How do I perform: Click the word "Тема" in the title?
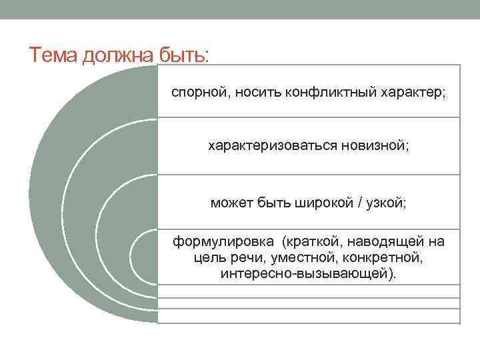pos(53,55)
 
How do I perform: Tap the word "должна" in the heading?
pos(117,56)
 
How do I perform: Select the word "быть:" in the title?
pos(184,55)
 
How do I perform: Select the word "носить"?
pos(258,92)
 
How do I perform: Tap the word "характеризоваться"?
pos(273,145)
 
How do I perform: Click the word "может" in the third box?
pos(231,203)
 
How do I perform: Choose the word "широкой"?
pos(324,203)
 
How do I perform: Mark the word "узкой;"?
pos(386,203)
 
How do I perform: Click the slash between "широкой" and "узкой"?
pos(360,203)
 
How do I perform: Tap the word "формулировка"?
pos(223,241)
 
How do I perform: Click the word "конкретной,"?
pos(383,257)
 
